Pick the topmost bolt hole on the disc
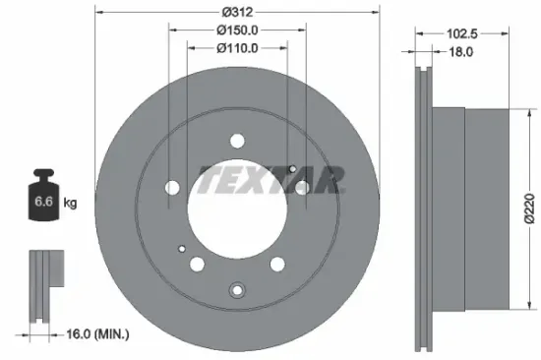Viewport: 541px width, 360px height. (236, 139)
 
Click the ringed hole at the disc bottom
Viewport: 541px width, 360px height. (236, 289)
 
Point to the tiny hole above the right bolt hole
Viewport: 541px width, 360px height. (293, 168)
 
